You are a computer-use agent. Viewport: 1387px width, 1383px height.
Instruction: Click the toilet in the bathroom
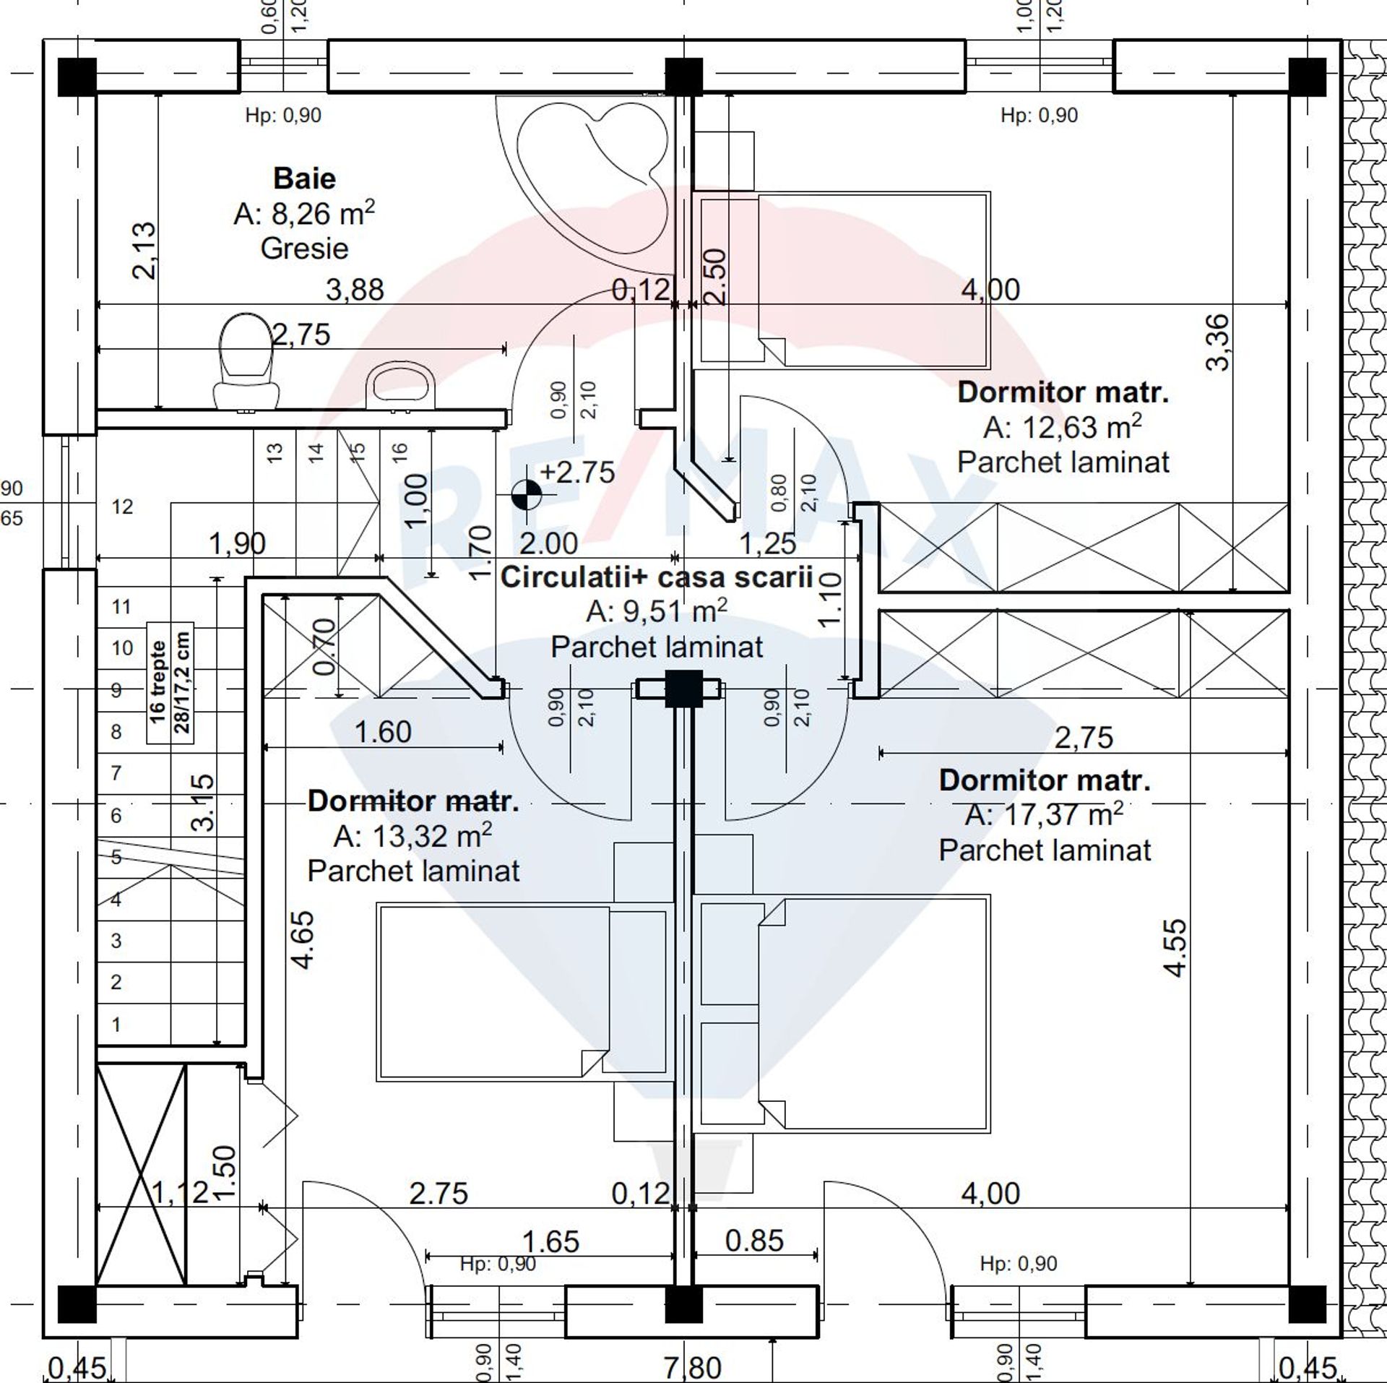[x=246, y=361]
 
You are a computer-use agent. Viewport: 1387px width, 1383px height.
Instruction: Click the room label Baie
[x=304, y=178]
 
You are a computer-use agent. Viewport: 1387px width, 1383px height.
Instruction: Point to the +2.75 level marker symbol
[x=526, y=496]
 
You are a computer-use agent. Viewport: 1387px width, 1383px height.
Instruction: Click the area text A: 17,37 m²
[x=1044, y=814]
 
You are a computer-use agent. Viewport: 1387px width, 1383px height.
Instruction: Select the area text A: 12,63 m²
[x=1062, y=427]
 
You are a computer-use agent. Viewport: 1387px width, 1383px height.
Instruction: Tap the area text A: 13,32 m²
[x=412, y=835]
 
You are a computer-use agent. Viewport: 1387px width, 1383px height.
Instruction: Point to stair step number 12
[x=122, y=507]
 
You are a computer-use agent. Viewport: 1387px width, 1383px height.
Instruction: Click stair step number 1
[x=116, y=1024]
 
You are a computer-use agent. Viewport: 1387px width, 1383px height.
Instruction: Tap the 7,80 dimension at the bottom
[x=693, y=1367]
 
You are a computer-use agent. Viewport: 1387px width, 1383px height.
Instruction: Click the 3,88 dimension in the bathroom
[x=355, y=290]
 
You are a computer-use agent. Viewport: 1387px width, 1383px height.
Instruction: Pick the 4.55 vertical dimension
[x=1176, y=948]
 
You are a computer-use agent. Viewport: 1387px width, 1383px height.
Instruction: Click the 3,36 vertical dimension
[x=1217, y=342]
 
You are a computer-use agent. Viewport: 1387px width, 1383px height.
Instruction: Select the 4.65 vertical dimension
[x=303, y=940]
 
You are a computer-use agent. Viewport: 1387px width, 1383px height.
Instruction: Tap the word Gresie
[x=304, y=248]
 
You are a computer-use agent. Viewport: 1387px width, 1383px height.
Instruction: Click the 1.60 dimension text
[x=383, y=732]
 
